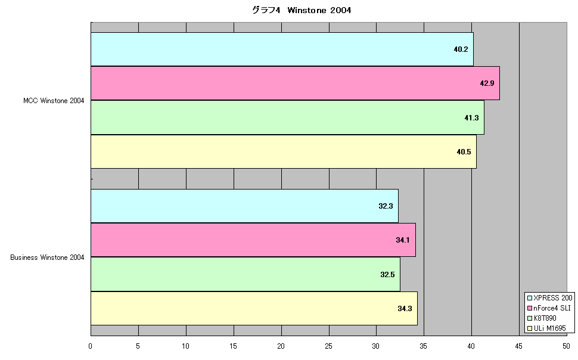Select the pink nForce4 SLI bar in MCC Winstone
tap(296, 83)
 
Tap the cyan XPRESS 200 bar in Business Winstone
tap(245, 206)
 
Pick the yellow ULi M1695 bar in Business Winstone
tap(254, 308)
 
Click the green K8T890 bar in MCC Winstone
tap(288, 117)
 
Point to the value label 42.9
tap(487, 83)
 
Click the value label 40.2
tap(461, 49)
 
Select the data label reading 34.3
tap(405, 309)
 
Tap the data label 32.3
tap(386, 206)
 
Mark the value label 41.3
tap(471, 118)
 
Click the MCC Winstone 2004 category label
tap(54, 101)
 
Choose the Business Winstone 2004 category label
tap(47, 257)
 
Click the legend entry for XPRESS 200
tap(550, 298)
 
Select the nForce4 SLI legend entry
tap(549, 308)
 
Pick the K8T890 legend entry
tap(542, 318)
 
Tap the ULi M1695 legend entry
tap(546, 328)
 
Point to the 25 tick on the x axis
tap(328, 346)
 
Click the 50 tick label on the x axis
tap(566, 346)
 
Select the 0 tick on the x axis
tap(91, 346)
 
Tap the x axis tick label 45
tap(518, 346)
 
